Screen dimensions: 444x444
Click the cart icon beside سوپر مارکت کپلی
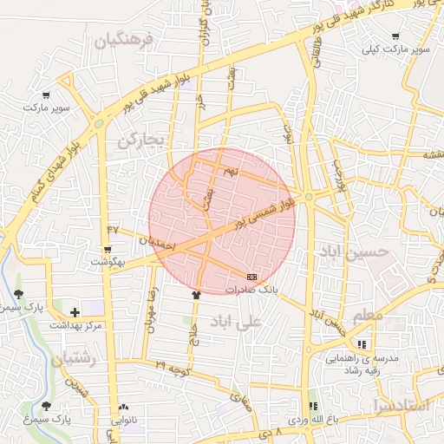[396, 36]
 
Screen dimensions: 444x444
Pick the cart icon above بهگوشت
[108, 249]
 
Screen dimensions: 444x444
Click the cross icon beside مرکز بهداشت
[75, 311]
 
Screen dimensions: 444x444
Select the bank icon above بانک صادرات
[252, 276]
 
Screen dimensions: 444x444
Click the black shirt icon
[196, 294]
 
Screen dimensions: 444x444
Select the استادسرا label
[399, 405]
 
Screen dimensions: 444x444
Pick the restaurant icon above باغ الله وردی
[313, 406]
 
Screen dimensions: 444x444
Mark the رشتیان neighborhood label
[77, 358]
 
